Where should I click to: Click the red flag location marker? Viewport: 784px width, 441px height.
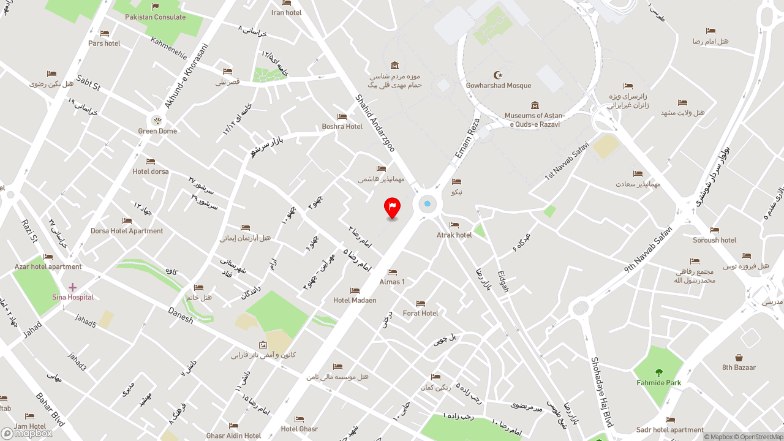pos(392,206)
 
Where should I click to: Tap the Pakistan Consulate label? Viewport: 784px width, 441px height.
pos(155,17)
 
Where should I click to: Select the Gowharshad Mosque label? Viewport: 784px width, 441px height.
pos(498,86)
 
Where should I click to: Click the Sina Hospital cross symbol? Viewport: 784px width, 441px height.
pos(72,287)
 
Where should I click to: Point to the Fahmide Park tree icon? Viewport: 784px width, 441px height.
pos(658,372)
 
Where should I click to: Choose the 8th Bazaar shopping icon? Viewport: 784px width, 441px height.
pos(739,358)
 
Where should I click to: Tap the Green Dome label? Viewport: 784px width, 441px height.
pos(157,131)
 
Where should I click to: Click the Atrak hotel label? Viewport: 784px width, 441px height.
pos(454,235)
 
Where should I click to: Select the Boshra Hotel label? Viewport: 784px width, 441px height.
pos(342,127)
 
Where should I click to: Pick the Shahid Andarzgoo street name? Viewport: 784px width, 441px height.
pos(375,123)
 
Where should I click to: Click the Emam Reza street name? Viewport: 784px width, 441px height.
pos(466,145)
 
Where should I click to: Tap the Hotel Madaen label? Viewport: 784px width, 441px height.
pos(355,300)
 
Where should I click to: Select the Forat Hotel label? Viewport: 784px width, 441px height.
pos(420,313)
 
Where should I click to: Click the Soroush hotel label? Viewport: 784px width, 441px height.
pos(714,240)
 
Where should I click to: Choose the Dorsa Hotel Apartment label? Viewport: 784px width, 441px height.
pos(127,231)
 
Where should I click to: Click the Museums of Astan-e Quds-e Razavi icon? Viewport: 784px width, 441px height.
pos(535,105)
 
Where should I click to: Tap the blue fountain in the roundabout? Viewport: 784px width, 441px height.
pos(427,204)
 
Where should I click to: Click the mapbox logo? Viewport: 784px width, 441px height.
pos(27,433)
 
